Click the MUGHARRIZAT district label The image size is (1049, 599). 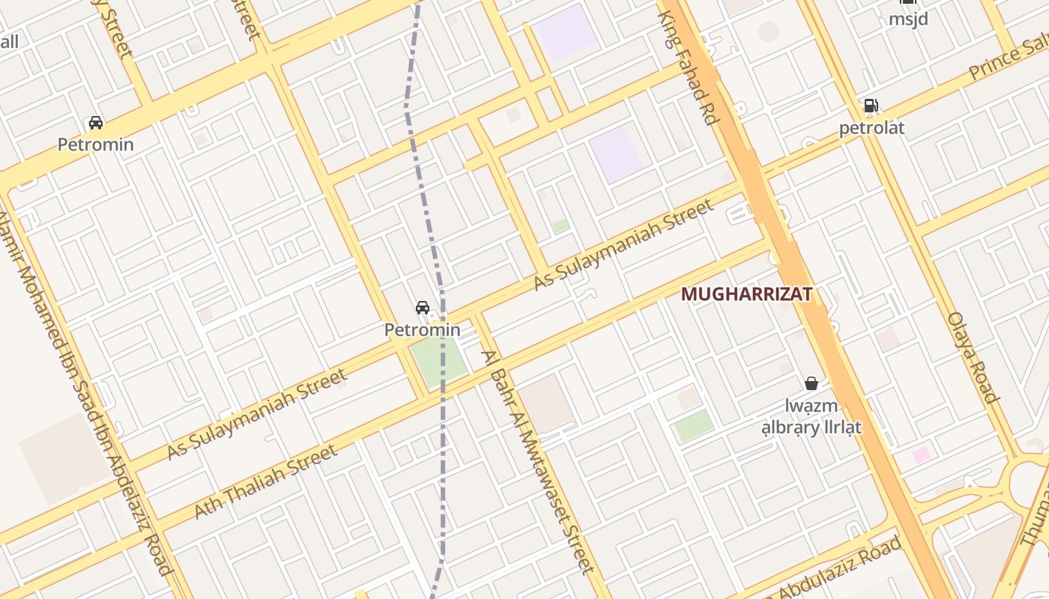coord(746,294)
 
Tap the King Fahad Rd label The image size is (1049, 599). coord(688,67)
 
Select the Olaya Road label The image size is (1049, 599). coord(973,357)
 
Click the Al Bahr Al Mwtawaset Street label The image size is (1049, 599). coord(539,462)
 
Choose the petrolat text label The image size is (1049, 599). coord(871,128)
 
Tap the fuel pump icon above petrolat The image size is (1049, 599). coord(871,106)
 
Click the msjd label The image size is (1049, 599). coord(908,19)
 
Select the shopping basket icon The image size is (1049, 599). coord(811,383)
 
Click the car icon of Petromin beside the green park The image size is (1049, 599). coord(423,308)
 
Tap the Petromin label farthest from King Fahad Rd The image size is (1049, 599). coord(96,145)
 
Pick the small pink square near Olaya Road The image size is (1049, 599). coord(921,454)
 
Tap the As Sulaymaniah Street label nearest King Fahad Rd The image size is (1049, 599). coord(623,244)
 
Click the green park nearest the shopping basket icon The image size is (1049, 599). coord(693,425)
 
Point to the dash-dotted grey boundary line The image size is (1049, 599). coord(444,449)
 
